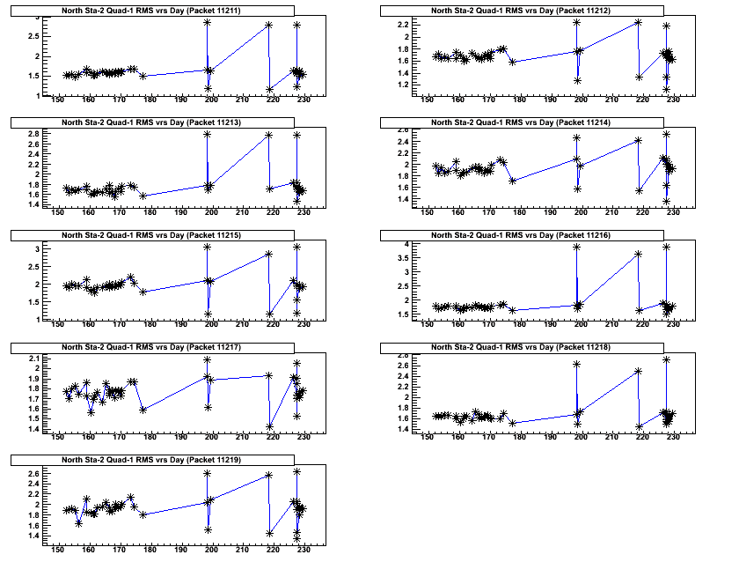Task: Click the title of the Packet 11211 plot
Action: click(x=152, y=10)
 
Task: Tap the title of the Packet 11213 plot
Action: click(x=152, y=122)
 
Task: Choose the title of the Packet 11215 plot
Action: click(x=152, y=235)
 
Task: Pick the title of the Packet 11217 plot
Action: click(x=152, y=348)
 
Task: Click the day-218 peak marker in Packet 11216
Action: click(x=638, y=254)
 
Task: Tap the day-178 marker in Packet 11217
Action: click(x=143, y=410)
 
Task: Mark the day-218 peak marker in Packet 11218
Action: click(x=638, y=371)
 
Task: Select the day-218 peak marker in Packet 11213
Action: click(x=268, y=135)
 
